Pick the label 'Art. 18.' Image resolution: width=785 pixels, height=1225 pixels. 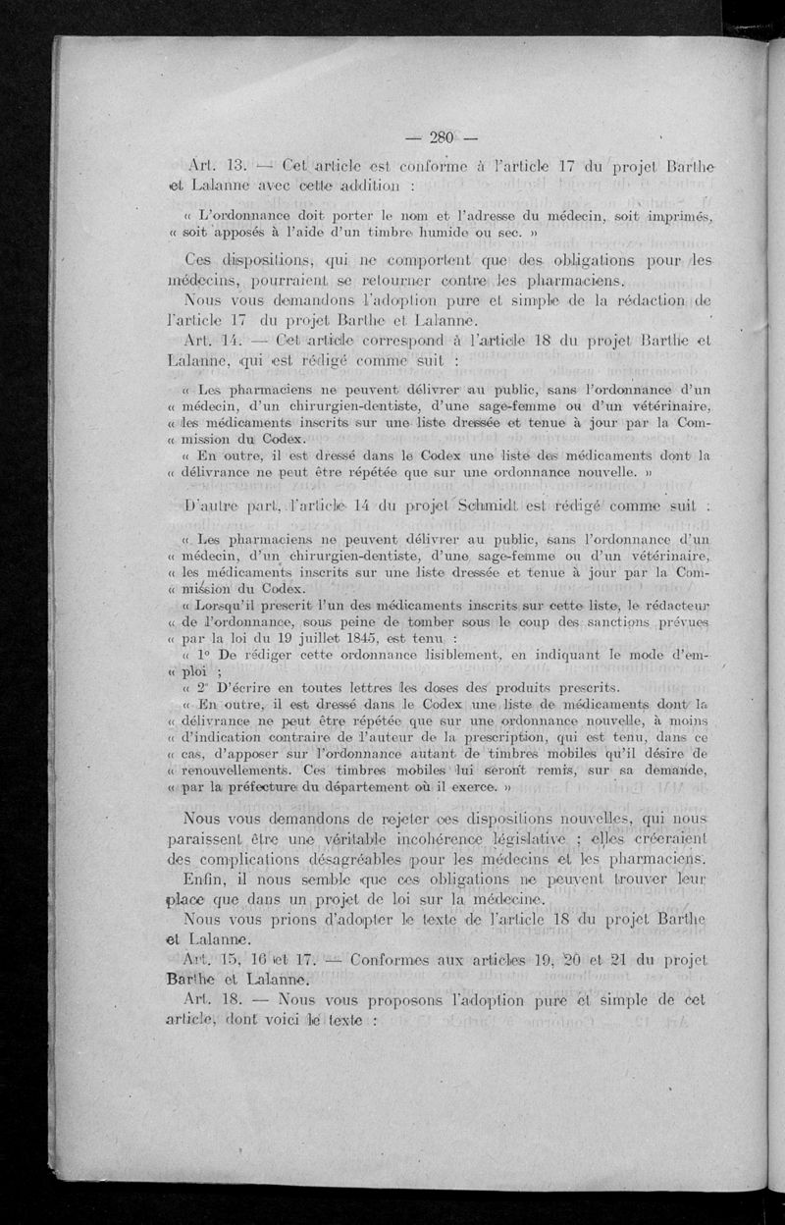coord(214,998)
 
